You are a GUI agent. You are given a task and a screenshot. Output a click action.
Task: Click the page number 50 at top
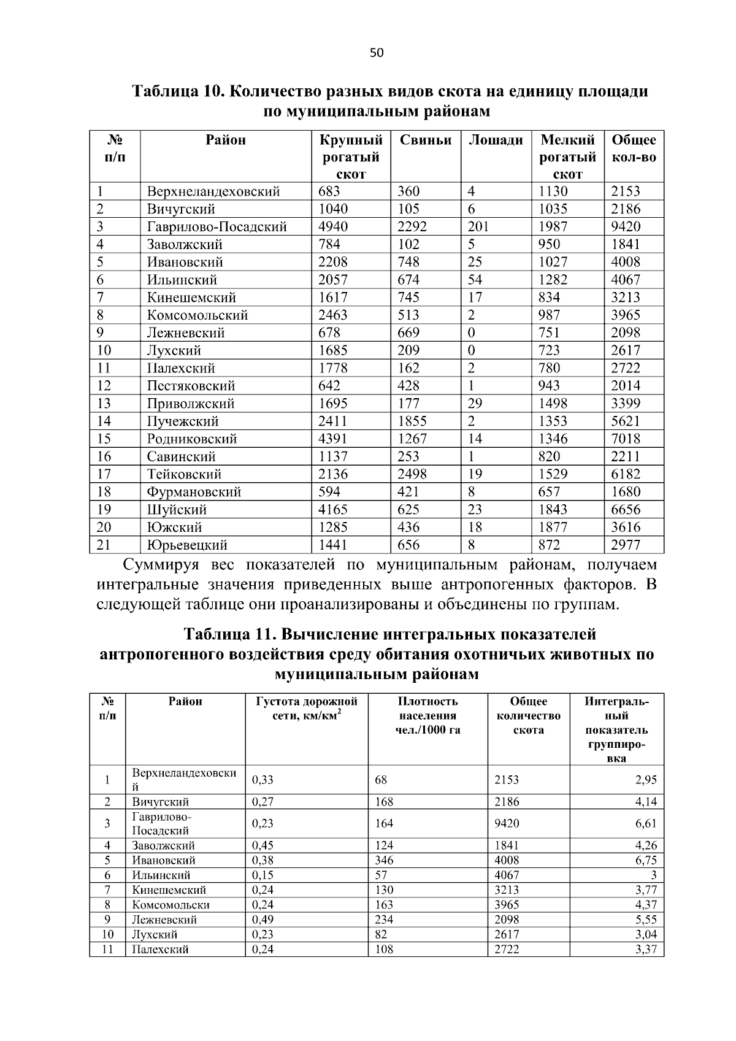pyautogui.click(x=376, y=53)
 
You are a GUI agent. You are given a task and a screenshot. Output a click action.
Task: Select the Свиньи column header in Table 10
pyautogui.click(x=425, y=140)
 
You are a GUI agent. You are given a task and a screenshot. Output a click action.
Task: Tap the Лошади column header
pyautogui.click(x=496, y=140)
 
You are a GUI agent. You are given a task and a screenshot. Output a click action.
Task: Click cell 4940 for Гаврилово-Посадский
pyautogui.click(x=333, y=227)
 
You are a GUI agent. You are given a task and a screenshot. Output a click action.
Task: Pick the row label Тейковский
pyautogui.click(x=184, y=474)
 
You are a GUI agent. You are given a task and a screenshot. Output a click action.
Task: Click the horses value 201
pyautogui.click(x=478, y=227)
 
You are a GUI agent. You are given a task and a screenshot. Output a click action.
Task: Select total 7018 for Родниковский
pyautogui.click(x=625, y=439)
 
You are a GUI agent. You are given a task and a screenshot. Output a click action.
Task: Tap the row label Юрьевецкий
pyautogui.click(x=187, y=545)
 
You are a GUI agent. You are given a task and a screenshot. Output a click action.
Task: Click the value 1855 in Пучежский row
pyautogui.click(x=412, y=421)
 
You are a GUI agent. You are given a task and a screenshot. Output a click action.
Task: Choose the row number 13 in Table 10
pyautogui.click(x=104, y=404)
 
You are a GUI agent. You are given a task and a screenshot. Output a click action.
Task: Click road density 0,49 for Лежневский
pyautogui.click(x=263, y=920)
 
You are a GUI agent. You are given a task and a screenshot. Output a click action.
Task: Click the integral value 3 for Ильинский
pyautogui.click(x=653, y=875)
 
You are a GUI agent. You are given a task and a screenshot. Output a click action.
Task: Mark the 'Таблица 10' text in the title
pyautogui.click(x=177, y=92)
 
